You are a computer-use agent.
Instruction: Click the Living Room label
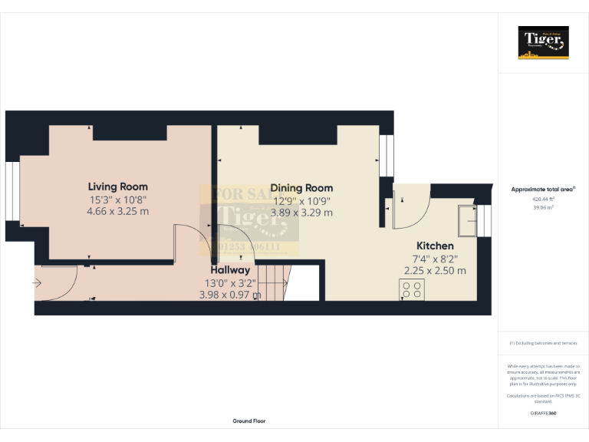coord(117,186)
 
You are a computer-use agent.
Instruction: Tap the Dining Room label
coord(301,188)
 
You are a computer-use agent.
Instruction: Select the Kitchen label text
coord(435,246)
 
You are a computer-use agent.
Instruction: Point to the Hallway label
coord(230,270)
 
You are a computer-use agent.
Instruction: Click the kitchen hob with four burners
coord(412,289)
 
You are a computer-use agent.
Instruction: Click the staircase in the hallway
coord(272,282)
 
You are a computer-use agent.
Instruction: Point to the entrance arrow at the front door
coord(38,283)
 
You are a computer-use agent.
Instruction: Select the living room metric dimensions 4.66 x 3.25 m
coord(117,212)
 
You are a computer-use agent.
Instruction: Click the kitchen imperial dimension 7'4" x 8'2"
coord(435,259)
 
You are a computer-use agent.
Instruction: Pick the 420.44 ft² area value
coord(544,199)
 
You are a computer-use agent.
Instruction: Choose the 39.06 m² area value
coord(544,206)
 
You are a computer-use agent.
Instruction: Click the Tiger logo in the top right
coord(544,42)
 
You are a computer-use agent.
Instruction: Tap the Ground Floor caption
coord(249,421)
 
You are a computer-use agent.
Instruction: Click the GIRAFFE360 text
coord(544,414)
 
